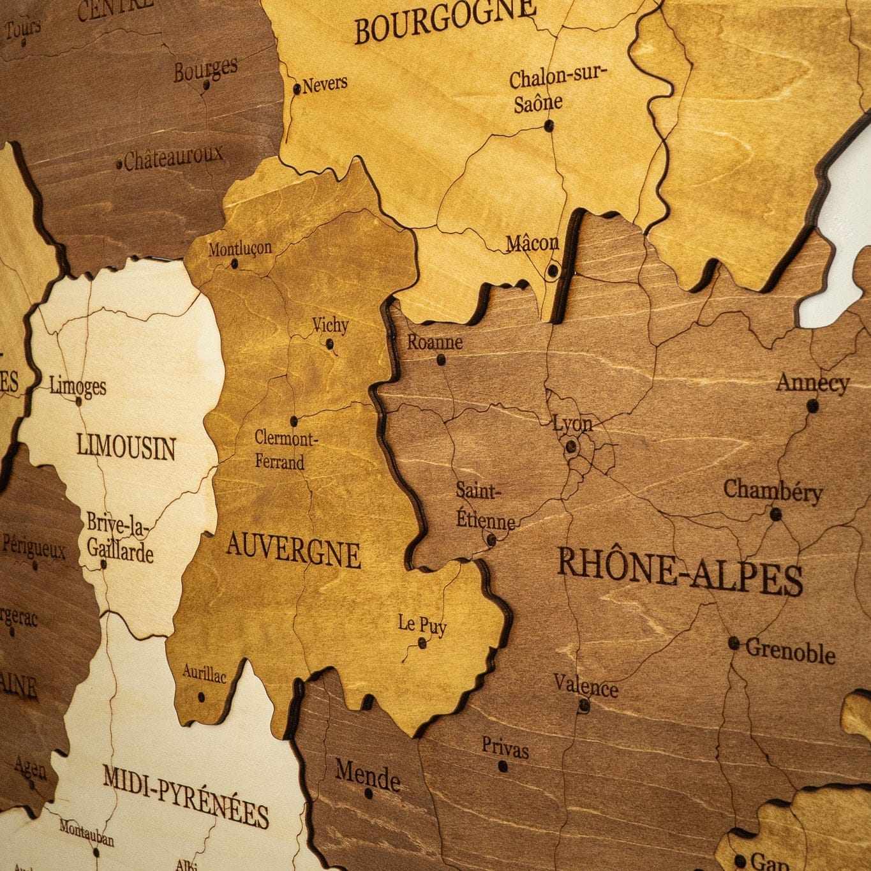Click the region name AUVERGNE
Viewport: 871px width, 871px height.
click(x=293, y=550)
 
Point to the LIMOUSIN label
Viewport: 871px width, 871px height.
click(x=126, y=446)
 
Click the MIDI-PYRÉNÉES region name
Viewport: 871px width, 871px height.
click(x=186, y=796)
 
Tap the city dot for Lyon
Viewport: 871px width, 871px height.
click(x=571, y=447)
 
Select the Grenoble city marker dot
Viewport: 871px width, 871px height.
click(x=734, y=643)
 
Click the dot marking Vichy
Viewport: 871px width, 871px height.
click(x=330, y=345)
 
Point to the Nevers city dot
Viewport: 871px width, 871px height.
click(x=297, y=89)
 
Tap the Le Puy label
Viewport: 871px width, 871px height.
click(x=422, y=624)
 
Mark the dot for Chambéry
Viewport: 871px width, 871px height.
click(x=776, y=514)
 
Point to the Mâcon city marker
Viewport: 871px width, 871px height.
click(x=553, y=271)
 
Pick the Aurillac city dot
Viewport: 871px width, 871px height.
click(x=201, y=697)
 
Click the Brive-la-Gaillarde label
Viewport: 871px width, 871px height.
click(x=119, y=537)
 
